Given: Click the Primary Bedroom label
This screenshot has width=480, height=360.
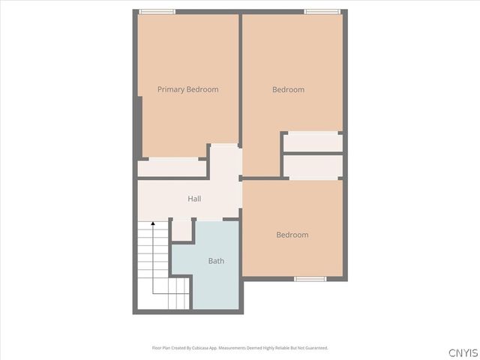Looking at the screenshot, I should point(187,89).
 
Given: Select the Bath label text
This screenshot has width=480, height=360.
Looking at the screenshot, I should point(216,261).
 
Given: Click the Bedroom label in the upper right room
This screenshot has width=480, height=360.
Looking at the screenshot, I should point(288,89).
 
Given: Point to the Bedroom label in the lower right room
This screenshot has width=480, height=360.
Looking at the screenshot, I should point(292,235).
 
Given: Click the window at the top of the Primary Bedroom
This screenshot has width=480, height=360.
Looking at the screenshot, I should point(157,11).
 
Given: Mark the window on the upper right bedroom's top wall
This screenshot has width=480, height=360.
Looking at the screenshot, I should point(322,11).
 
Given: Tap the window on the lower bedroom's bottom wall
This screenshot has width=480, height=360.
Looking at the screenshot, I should point(310,279).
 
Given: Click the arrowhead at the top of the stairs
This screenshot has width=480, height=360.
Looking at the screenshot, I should point(153,223).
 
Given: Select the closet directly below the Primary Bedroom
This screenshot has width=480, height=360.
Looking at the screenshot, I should point(172,168).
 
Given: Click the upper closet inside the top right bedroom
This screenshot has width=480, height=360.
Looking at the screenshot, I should point(313,142).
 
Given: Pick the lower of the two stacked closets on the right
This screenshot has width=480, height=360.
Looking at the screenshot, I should point(313,166).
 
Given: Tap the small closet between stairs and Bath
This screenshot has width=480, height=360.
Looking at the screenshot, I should point(182,230).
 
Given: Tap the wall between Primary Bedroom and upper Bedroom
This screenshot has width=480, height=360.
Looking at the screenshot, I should point(240,75).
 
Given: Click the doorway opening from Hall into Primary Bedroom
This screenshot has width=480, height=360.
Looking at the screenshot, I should point(224,150).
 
